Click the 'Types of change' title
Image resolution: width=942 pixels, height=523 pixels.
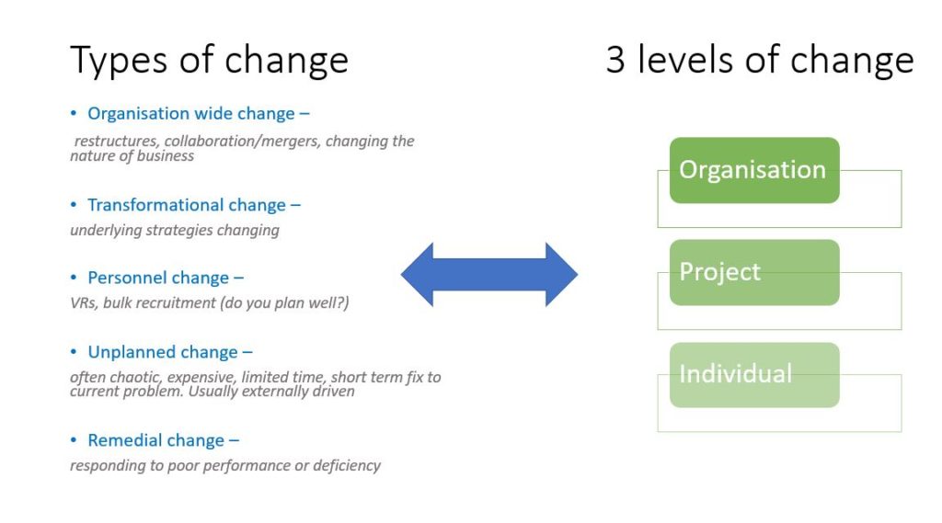[209, 61]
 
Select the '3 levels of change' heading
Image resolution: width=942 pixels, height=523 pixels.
[760, 60]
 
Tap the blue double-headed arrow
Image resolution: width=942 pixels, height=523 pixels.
[489, 275]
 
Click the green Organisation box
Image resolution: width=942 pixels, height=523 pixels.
[754, 170]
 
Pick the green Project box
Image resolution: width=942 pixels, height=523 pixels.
[754, 272]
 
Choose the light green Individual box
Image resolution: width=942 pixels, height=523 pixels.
[754, 375]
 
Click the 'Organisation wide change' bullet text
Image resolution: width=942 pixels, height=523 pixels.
[199, 113]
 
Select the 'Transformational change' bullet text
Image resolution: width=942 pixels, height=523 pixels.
[194, 205]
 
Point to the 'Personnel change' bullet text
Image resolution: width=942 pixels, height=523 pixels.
[166, 278]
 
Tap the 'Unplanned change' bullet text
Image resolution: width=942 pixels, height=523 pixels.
[170, 352]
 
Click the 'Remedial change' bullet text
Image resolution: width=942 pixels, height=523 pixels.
[164, 440]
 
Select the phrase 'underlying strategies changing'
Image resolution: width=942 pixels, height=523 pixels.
[175, 231]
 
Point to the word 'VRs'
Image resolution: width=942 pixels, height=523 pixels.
[83, 302]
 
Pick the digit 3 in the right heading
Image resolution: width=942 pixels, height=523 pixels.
[615, 60]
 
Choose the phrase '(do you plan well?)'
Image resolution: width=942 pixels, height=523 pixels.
[285, 302]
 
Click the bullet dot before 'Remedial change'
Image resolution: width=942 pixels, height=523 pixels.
[74, 440]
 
